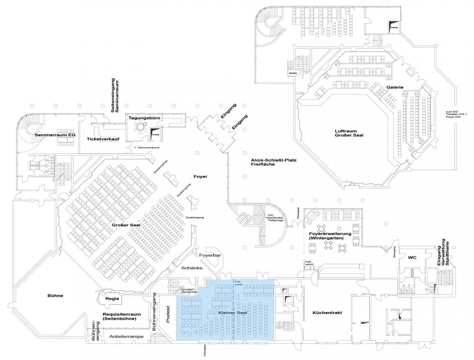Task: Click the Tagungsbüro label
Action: tap(144, 118)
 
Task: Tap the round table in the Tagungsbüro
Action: tap(140, 127)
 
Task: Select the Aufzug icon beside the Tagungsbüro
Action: tap(155, 133)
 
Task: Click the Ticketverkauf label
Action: tap(103, 139)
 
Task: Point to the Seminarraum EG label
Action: tap(55, 135)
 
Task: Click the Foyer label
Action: tap(200, 177)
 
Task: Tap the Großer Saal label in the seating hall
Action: tap(126, 225)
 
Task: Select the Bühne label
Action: tap(55, 295)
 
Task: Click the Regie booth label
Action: tap(112, 298)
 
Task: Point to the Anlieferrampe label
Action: tap(126, 337)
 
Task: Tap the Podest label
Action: tap(168, 314)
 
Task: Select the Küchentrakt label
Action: tap(327, 313)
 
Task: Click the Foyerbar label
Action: tap(210, 255)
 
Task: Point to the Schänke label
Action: tap(192, 268)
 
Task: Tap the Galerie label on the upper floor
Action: tap(395, 87)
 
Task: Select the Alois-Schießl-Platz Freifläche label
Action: tap(274, 162)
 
